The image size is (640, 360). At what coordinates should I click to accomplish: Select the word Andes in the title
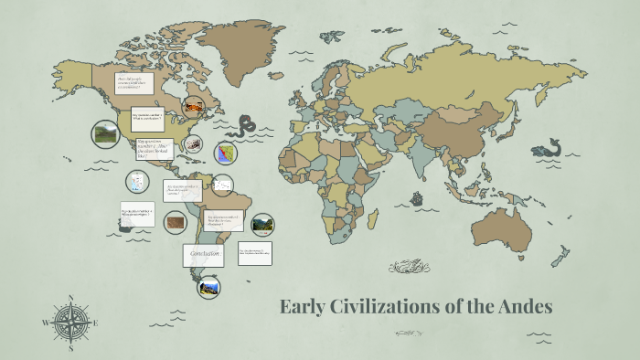pyautogui.click(x=525, y=307)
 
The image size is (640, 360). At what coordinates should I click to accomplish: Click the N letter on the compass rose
pyautogui.click(x=70, y=298)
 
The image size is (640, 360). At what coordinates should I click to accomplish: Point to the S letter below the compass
pyautogui.click(x=70, y=349)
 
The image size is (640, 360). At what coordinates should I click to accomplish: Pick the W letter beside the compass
pyautogui.click(x=45, y=323)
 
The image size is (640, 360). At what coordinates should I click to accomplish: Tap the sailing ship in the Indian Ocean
pyautogui.click(x=418, y=197)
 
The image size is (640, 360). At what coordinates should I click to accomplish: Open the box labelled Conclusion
pyautogui.click(x=202, y=254)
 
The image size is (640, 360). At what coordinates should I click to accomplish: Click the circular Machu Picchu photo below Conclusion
pyautogui.click(x=208, y=287)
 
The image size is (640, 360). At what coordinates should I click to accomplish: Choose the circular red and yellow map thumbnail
pyautogui.click(x=225, y=153)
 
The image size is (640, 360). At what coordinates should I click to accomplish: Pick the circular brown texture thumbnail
pyautogui.click(x=175, y=220)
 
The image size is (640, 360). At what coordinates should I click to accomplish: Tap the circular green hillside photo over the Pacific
pyautogui.click(x=105, y=134)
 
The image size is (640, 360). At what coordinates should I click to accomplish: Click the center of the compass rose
pyautogui.click(x=70, y=323)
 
